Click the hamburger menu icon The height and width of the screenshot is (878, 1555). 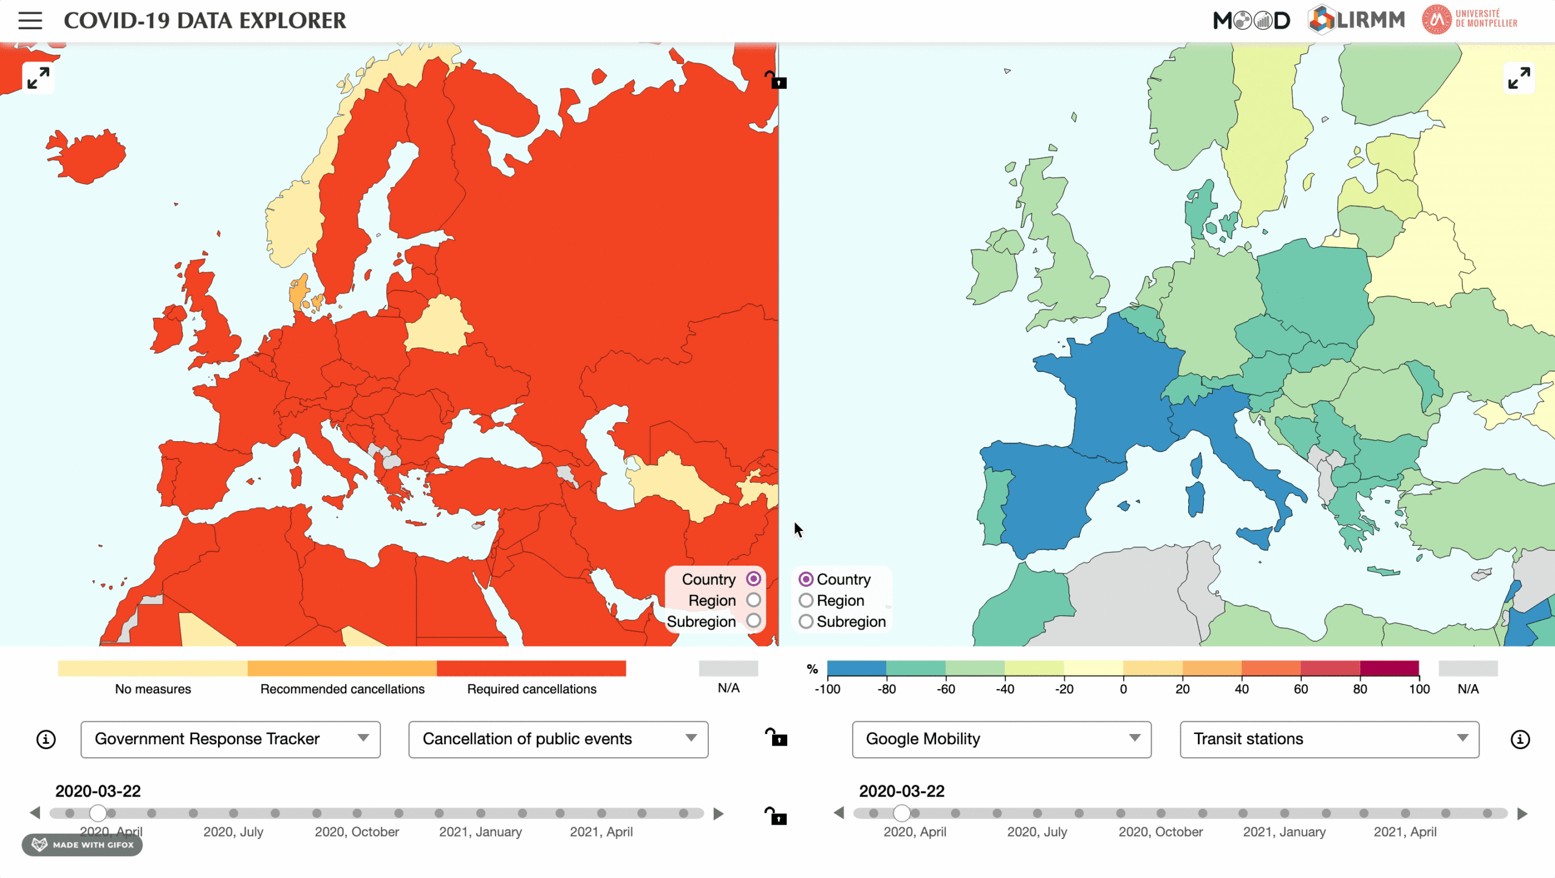pyautogui.click(x=30, y=21)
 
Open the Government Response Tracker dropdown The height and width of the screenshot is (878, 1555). pyautogui.click(x=230, y=739)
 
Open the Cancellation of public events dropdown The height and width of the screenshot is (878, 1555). pyautogui.click(x=558, y=739)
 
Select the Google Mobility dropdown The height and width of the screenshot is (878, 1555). pyautogui.click(x=1001, y=739)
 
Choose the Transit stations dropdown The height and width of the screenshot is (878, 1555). pyautogui.click(x=1329, y=739)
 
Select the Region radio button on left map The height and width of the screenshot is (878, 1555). pyautogui.click(x=753, y=600)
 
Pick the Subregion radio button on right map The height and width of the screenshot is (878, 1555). pyautogui.click(x=806, y=621)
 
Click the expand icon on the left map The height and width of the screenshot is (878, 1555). pyautogui.click(x=38, y=78)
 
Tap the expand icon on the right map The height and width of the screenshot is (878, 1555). pyautogui.click(x=1519, y=78)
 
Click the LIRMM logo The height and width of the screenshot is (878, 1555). pyautogui.click(x=1356, y=20)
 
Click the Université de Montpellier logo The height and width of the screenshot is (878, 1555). pyautogui.click(x=1470, y=20)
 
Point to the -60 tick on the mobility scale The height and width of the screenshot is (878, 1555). pyautogui.click(x=946, y=688)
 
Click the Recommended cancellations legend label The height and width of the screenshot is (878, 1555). pyautogui.click(x=342, y=688)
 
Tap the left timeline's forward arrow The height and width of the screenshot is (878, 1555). pyautogui.click(x=719, y=813)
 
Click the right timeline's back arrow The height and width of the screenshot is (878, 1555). pyautogui.click(x=839, y=812)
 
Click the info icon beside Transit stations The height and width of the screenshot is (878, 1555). pyautogui.click(x=1520, y=739)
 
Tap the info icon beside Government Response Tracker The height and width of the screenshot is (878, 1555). pyautogui.click(x=46, y=739)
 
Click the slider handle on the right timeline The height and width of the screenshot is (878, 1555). pyautogui.click(x=901, y=812)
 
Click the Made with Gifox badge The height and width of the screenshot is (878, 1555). pyautogui.click(x=83, y=845)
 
